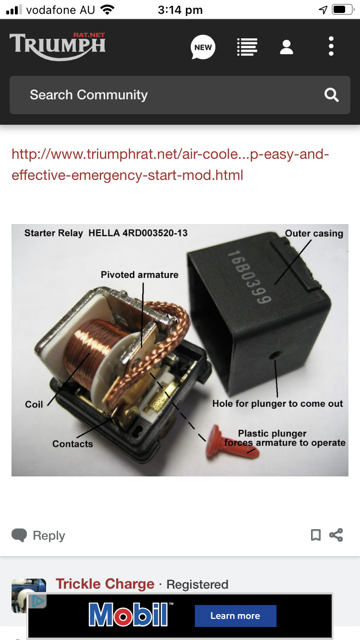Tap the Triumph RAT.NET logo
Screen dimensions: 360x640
click(58, 46)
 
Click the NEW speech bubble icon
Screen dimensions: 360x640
click(203, 47)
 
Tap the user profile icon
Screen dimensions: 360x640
click(286, 47)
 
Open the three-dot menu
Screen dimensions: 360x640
click(331, 46)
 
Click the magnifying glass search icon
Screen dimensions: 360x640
click(331, 95)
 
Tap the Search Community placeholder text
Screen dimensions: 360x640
click(89, 95)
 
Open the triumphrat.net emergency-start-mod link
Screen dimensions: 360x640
click(170, 165)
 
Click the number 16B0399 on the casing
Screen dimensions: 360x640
click(249, 276)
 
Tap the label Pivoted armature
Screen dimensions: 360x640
click(140, 274)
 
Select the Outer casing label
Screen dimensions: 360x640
click(314, 234)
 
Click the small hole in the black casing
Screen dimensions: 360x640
click(275, 355)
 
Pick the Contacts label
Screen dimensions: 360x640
click(72, 444)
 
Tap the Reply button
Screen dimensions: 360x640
click(38, 535)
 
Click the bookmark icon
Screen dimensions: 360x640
click(316, 535)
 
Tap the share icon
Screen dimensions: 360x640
click(336, 535)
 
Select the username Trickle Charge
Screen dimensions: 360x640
click(105, 584)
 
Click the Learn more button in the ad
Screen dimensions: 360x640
click(236, 616)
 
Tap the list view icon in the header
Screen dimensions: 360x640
click(247, 47)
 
